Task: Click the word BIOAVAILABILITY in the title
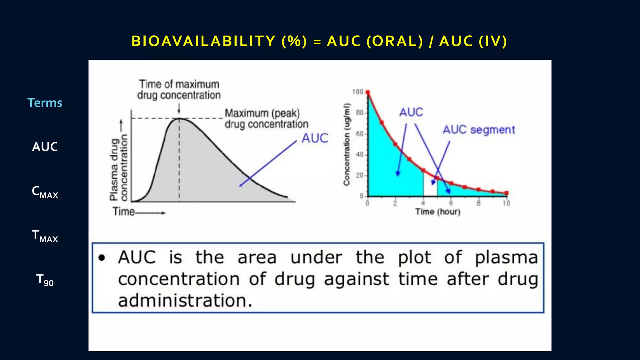[203, 41]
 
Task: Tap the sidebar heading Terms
[45, 103]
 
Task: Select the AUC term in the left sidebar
[45, 147]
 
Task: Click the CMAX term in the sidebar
[45, 192]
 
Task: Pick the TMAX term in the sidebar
[45, 236]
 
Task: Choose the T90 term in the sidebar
[45, 280]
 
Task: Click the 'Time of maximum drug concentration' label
[179, 89]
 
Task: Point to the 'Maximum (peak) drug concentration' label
[266, 118]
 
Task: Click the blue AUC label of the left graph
[314, 138]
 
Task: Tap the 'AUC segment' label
[478, 130]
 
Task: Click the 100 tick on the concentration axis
[357, 92]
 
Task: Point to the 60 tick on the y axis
[359, 134]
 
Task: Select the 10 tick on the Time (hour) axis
[506, 203]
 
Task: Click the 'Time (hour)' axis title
[437, 212]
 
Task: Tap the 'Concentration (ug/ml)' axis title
[347, 144]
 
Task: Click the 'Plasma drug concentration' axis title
[119, 167]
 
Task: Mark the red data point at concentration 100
[368, 92]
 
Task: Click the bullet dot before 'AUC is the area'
[102, 258]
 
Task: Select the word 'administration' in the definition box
[184, 301]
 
